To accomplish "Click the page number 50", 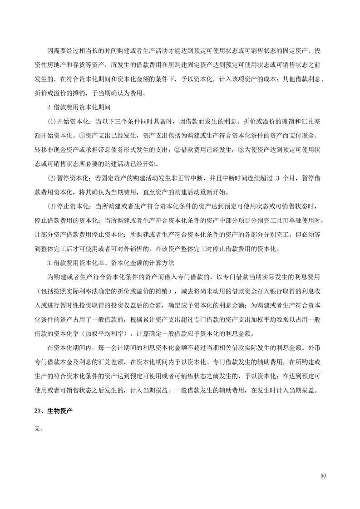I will [x=323, y=475].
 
